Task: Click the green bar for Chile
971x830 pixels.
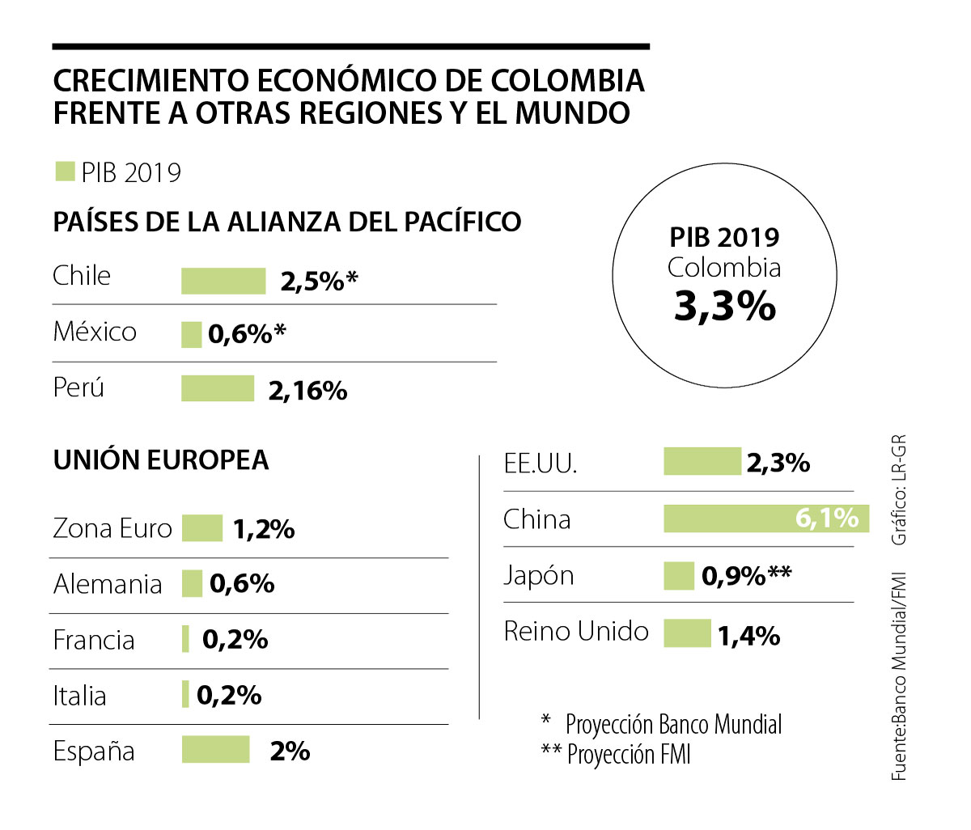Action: (223, 281)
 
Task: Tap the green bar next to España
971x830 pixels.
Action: (215, 749)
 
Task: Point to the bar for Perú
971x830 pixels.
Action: (217, 388)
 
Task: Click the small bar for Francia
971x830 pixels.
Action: (186, 639)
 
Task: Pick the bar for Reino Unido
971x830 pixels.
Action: (687, 633)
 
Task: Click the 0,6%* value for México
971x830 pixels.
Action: (248, 334)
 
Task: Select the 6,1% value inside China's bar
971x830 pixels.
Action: (826, 518)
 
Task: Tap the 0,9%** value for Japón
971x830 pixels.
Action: (746, 576)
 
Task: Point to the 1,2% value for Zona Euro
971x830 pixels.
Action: (264, 529)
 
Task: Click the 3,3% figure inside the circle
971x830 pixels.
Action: (724, 306)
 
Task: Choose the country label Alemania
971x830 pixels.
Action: (108, 584)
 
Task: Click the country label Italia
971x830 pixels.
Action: (79, 696)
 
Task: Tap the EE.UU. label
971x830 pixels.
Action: (540, 464)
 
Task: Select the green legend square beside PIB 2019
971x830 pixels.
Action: (65, 172)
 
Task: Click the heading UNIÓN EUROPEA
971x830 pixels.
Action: (161, 459)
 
